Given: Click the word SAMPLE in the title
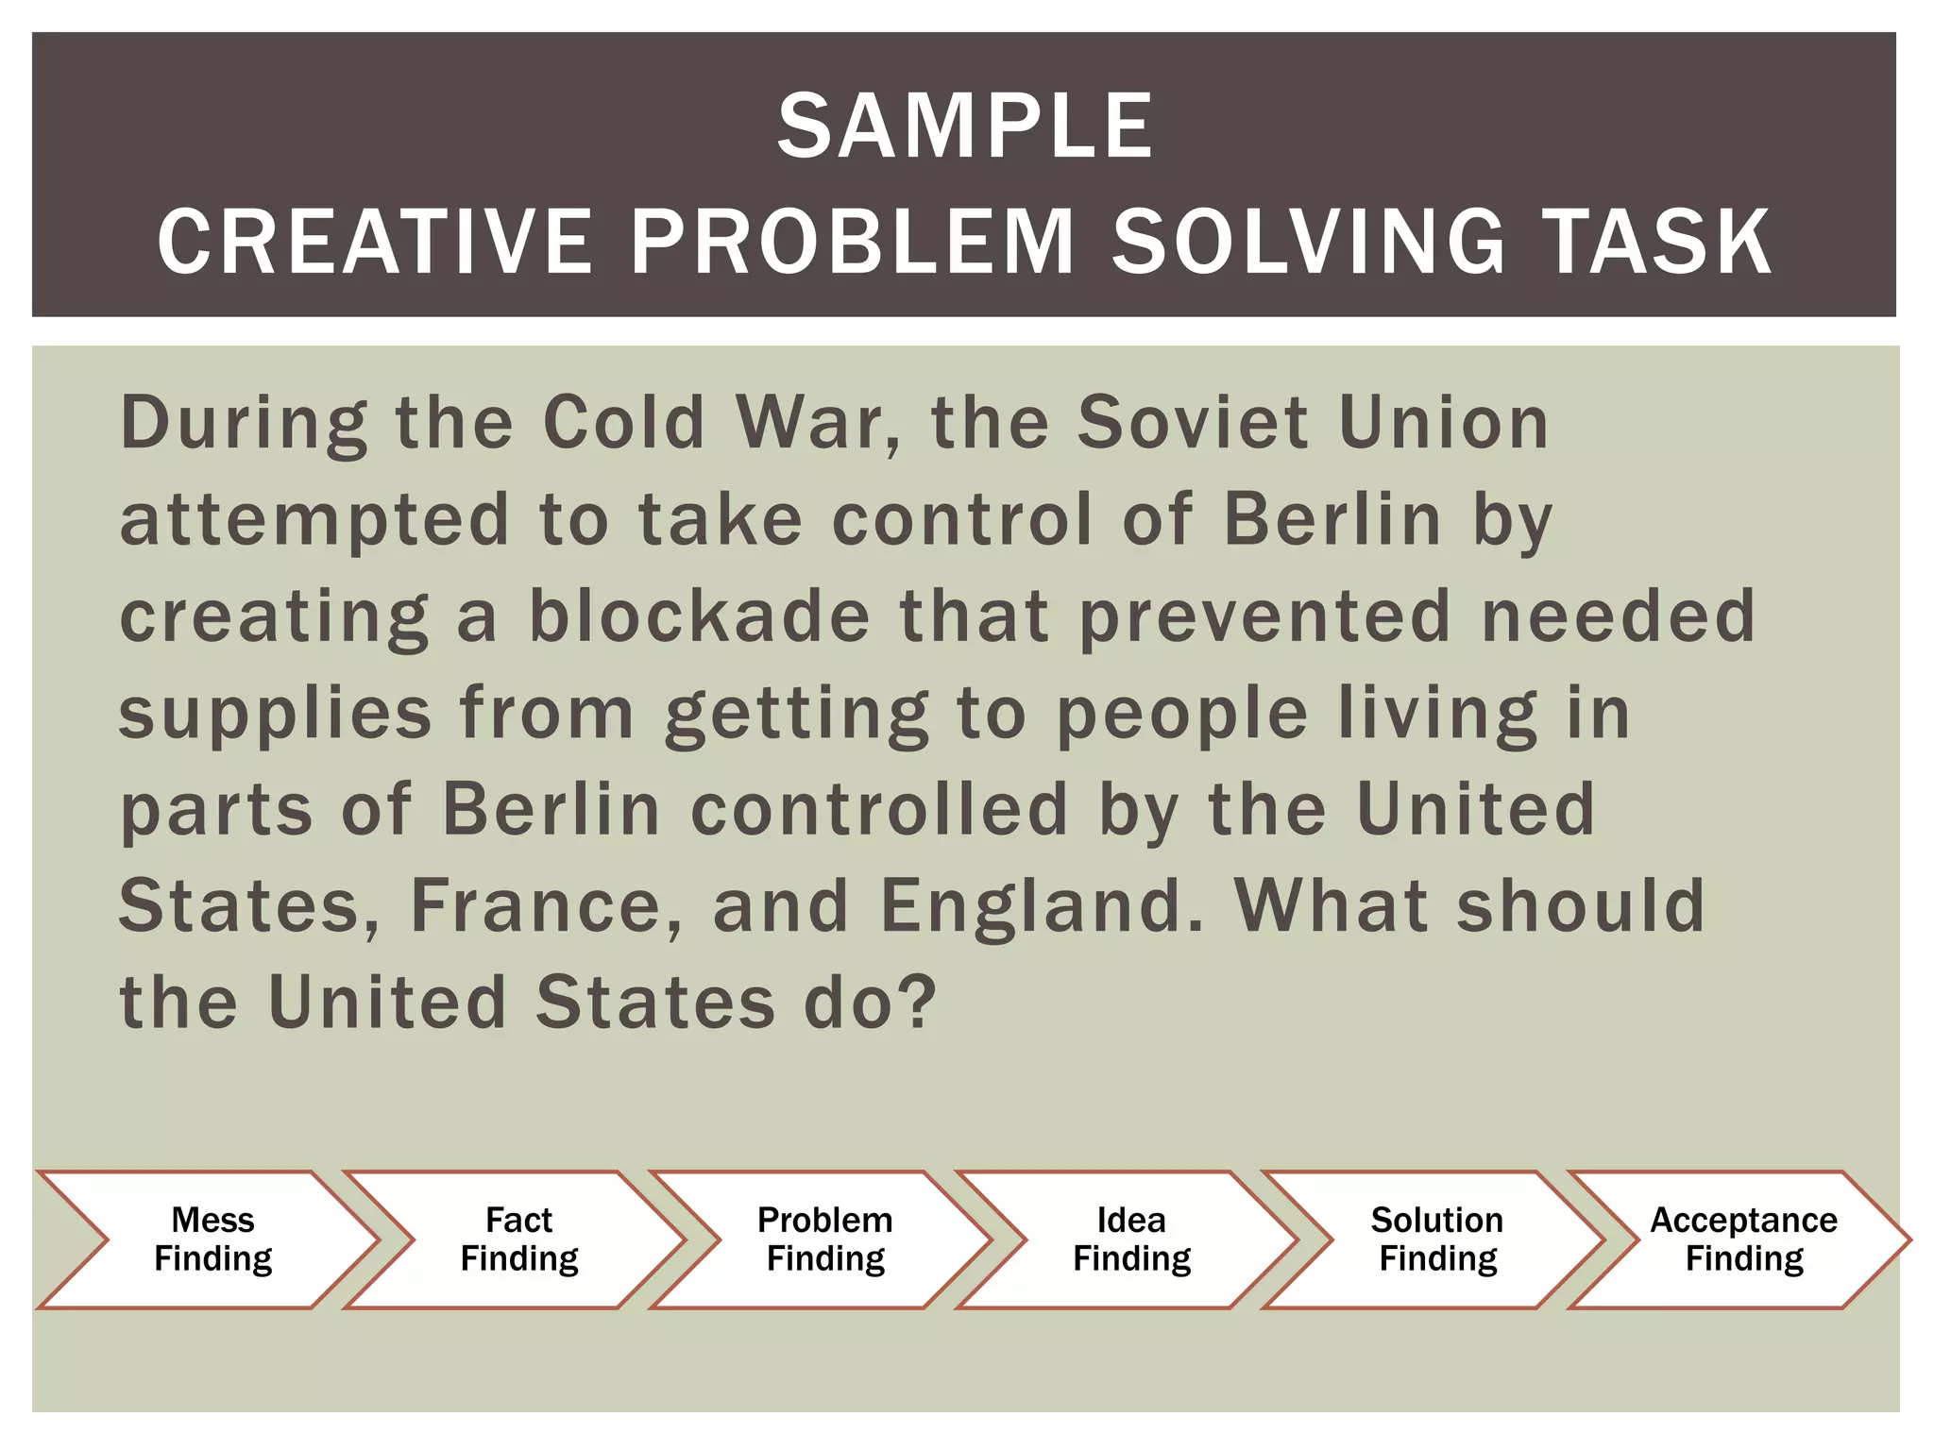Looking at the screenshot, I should click(965, 127).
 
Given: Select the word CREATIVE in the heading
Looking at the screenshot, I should click(375, 243).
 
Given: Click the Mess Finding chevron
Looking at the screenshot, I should click(213, 1239).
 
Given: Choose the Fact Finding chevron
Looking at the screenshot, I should click(519, 1239).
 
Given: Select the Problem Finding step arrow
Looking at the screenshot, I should click(825, 1239).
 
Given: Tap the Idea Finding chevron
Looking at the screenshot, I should click(1131, 1239).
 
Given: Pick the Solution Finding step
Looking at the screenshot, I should click(1437, 1239).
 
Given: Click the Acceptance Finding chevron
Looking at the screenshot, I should click(1743, 1239).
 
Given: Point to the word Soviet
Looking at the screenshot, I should click(1193, 423).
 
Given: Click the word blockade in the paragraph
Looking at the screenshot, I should click(699, 616).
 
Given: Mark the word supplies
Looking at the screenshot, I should click(275, 716).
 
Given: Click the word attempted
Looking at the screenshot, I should click(314, 521).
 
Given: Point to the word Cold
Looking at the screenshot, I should click(624, 423).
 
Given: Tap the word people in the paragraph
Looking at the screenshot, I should click(1181, 716).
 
